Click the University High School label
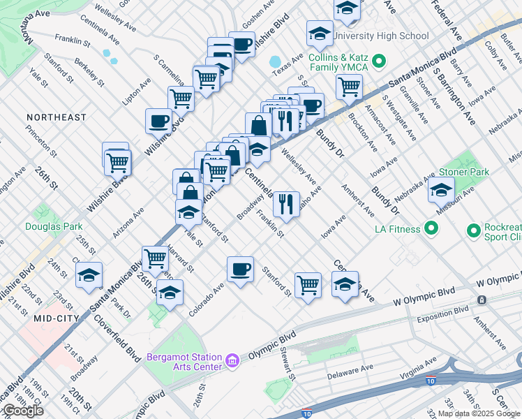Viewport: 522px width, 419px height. click(380, 36)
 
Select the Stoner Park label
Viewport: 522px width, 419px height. click(463, 172)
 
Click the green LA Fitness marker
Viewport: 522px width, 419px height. click(431, 228)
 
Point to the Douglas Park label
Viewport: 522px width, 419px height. click(54, 226)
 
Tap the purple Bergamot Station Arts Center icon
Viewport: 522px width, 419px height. click(232, 361)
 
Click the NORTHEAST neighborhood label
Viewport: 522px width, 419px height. click(57, 117)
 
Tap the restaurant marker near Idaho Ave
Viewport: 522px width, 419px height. click(285, 203)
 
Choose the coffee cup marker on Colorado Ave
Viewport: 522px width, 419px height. click(241, 269)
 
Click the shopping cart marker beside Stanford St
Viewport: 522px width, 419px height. click(308, 284)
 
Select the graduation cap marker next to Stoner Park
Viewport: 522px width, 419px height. click(441, 189)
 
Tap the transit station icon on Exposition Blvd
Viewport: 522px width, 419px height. click(482, 300)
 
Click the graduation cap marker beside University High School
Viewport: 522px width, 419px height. click(320, 33)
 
